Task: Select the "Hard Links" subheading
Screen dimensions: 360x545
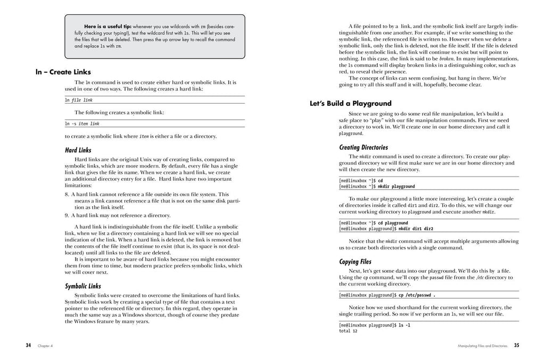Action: click(78, 150)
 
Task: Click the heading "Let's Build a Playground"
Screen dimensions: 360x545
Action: click(350, 104)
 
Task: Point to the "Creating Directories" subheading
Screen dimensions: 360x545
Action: click(364, 147)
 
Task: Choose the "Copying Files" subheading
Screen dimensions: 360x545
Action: click(355, 262)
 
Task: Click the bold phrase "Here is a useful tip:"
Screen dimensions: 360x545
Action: click(108, 26)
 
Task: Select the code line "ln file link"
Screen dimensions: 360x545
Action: click(79, 100)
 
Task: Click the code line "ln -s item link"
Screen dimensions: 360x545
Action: click(82, 124)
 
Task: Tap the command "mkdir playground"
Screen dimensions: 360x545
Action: click(396, 187)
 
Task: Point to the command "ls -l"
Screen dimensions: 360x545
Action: click(404, 324)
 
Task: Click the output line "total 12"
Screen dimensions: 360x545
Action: click(348, 330)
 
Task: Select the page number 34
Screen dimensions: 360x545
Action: click(29, 345)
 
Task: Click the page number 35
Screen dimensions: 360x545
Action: click(516, 345)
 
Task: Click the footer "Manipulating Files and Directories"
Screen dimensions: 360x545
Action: click(482, 346)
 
